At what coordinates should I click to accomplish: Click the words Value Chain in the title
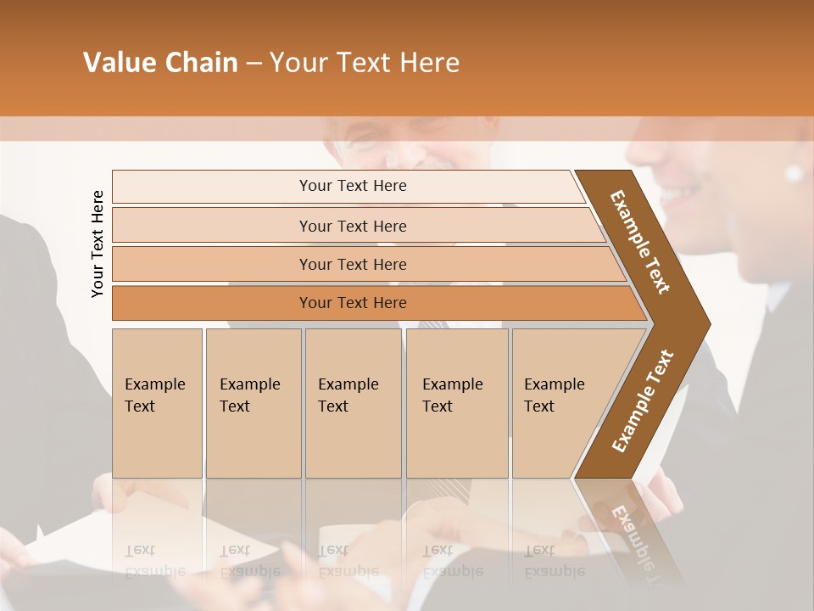tap(160, 63)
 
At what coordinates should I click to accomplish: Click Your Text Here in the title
tap(365, 63)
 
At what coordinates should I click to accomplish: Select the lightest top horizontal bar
tap(353, 186)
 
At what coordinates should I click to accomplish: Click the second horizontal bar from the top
tap(353, 226)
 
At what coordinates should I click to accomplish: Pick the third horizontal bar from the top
tap(353, 264)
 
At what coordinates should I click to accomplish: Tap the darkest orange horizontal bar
tap(353, 303)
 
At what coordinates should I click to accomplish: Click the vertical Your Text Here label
tap(98, 244)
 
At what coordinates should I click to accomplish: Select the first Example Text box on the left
tap(157, 403)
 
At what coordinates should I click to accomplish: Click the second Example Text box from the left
tap(253, 403)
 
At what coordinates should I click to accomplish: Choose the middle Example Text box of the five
tap(353, 403)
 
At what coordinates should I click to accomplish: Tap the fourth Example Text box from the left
tap(456, 403)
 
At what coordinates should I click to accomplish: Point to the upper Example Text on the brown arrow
tap(641, 242)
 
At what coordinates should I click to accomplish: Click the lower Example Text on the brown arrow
tap(643, 401)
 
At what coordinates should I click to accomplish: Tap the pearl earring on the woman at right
tap(794, 174)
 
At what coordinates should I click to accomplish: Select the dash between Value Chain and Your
tap(254, 64)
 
